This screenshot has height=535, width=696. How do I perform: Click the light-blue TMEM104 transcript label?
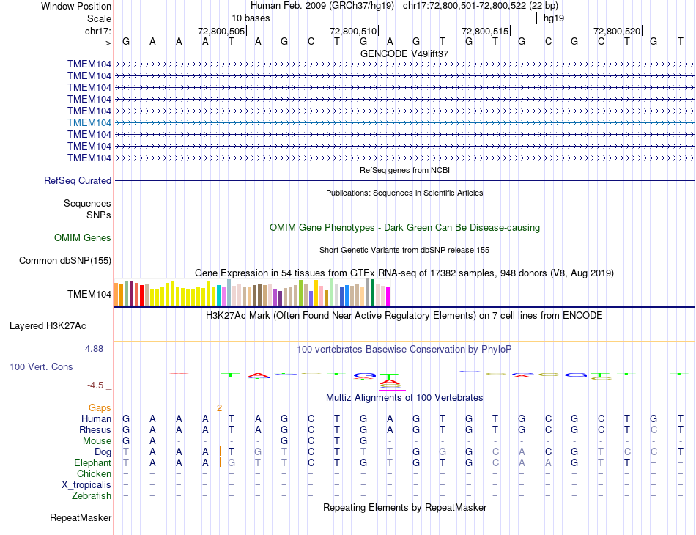[x=89, y=122]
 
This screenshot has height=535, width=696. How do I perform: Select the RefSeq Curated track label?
[x=78, y=180]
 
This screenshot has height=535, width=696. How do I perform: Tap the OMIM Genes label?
[x=83, y=237]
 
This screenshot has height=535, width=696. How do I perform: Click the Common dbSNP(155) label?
[x=65, y=260]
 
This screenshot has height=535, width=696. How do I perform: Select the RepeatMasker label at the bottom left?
[x=81, y=518]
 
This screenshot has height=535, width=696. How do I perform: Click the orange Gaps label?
[x=100, y=407]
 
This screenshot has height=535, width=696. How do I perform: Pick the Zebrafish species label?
[x=92, y=496]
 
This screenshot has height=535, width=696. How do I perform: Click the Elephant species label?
[x=92, y=463]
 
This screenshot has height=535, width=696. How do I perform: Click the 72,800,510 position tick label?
[x=353, y=32]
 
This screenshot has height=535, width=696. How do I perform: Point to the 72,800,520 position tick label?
[x=617, y=32]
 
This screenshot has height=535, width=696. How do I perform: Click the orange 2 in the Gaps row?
[x=219, y=407]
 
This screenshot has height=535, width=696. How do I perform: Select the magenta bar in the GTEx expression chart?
[x=388, y=296]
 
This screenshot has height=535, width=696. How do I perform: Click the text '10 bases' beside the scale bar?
[x=251, y=18]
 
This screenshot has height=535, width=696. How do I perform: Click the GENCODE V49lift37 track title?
[x=404, y=53]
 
